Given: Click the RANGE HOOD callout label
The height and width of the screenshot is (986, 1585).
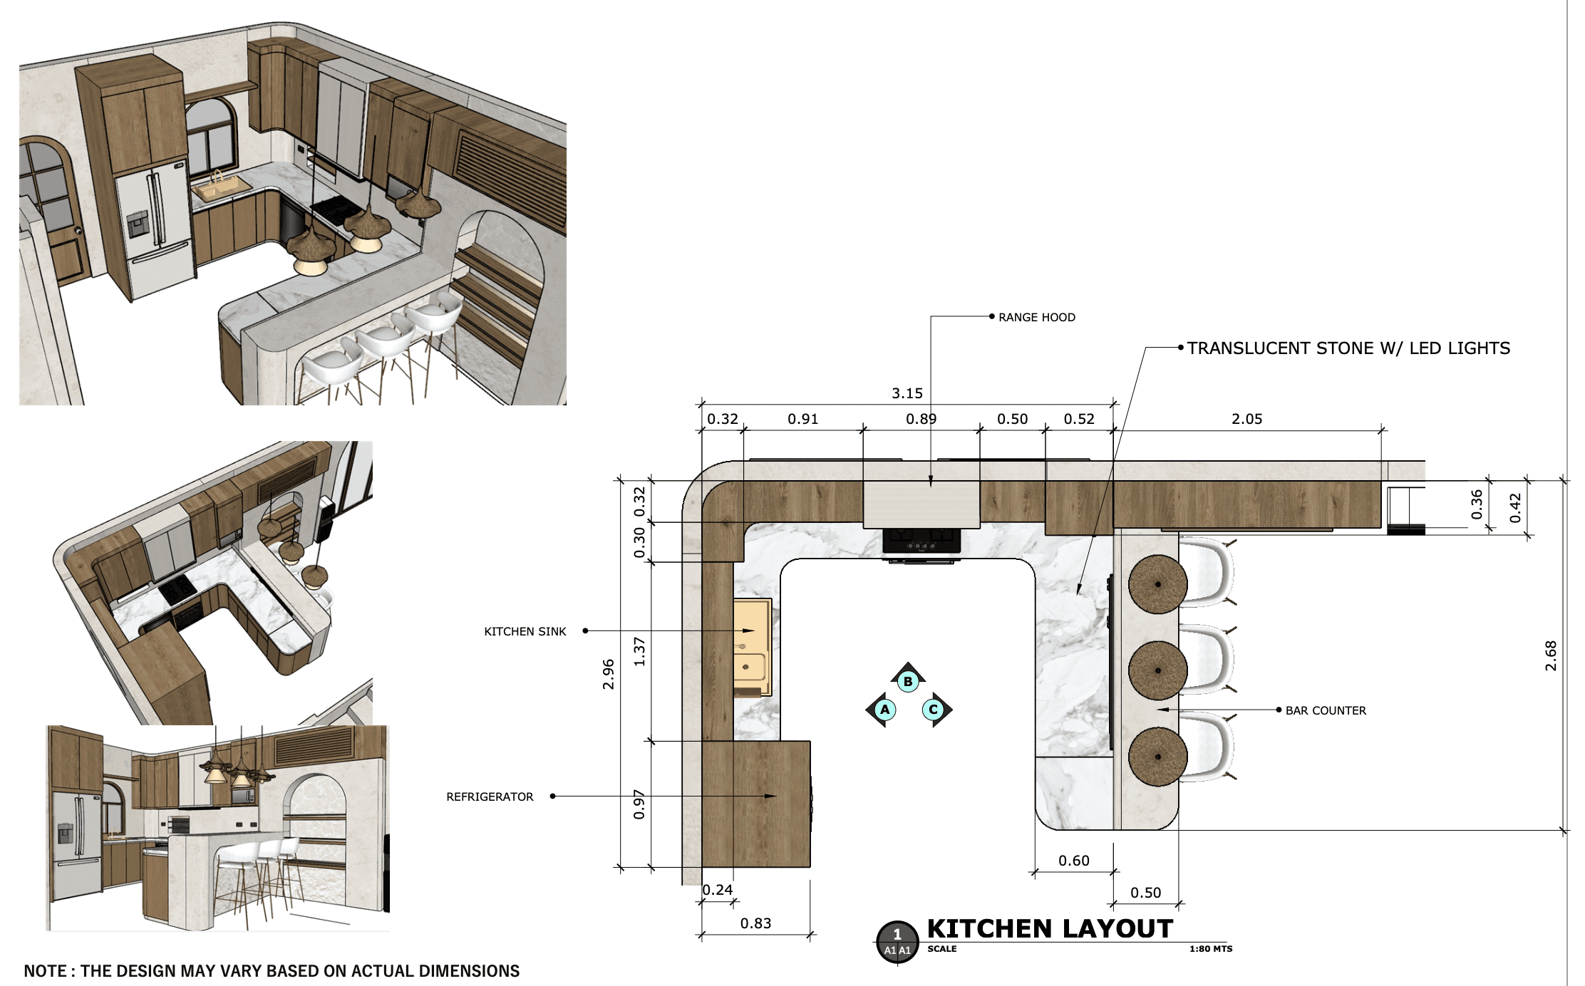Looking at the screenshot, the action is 1037,318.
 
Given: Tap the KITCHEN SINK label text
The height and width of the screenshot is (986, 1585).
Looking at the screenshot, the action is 525,632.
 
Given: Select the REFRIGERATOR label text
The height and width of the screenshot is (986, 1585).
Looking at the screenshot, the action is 490,797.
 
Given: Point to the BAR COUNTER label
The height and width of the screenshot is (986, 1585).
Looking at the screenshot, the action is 1326,711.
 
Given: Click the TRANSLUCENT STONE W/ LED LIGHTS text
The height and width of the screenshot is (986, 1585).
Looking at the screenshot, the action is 1348,348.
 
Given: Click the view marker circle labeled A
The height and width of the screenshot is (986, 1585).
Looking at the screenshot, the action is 885,710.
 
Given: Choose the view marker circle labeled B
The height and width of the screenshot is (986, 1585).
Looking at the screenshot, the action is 908,682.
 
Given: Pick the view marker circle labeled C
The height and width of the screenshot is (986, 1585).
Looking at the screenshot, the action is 933,710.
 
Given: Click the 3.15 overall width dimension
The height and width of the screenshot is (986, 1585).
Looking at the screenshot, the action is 907,393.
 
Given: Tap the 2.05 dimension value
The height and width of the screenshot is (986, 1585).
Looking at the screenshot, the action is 1247,419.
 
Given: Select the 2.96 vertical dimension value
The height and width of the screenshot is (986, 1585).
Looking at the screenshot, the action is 608,674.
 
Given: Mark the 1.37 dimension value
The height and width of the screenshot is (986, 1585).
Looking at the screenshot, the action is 639,652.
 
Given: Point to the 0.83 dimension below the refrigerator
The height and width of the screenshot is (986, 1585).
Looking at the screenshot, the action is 755,923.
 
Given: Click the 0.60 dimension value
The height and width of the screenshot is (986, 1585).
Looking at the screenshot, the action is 1074,861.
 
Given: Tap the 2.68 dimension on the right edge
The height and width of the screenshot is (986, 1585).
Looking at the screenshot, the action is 1551,655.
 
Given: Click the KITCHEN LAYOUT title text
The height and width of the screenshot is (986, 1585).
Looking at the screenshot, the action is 1050,929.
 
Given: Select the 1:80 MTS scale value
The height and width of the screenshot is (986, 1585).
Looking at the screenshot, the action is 1211,949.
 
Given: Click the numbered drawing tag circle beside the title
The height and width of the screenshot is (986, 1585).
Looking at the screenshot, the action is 897,941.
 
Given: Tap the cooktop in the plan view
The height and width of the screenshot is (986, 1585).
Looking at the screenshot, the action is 921,541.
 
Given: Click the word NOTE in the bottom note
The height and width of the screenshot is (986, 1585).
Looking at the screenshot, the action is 46,971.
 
